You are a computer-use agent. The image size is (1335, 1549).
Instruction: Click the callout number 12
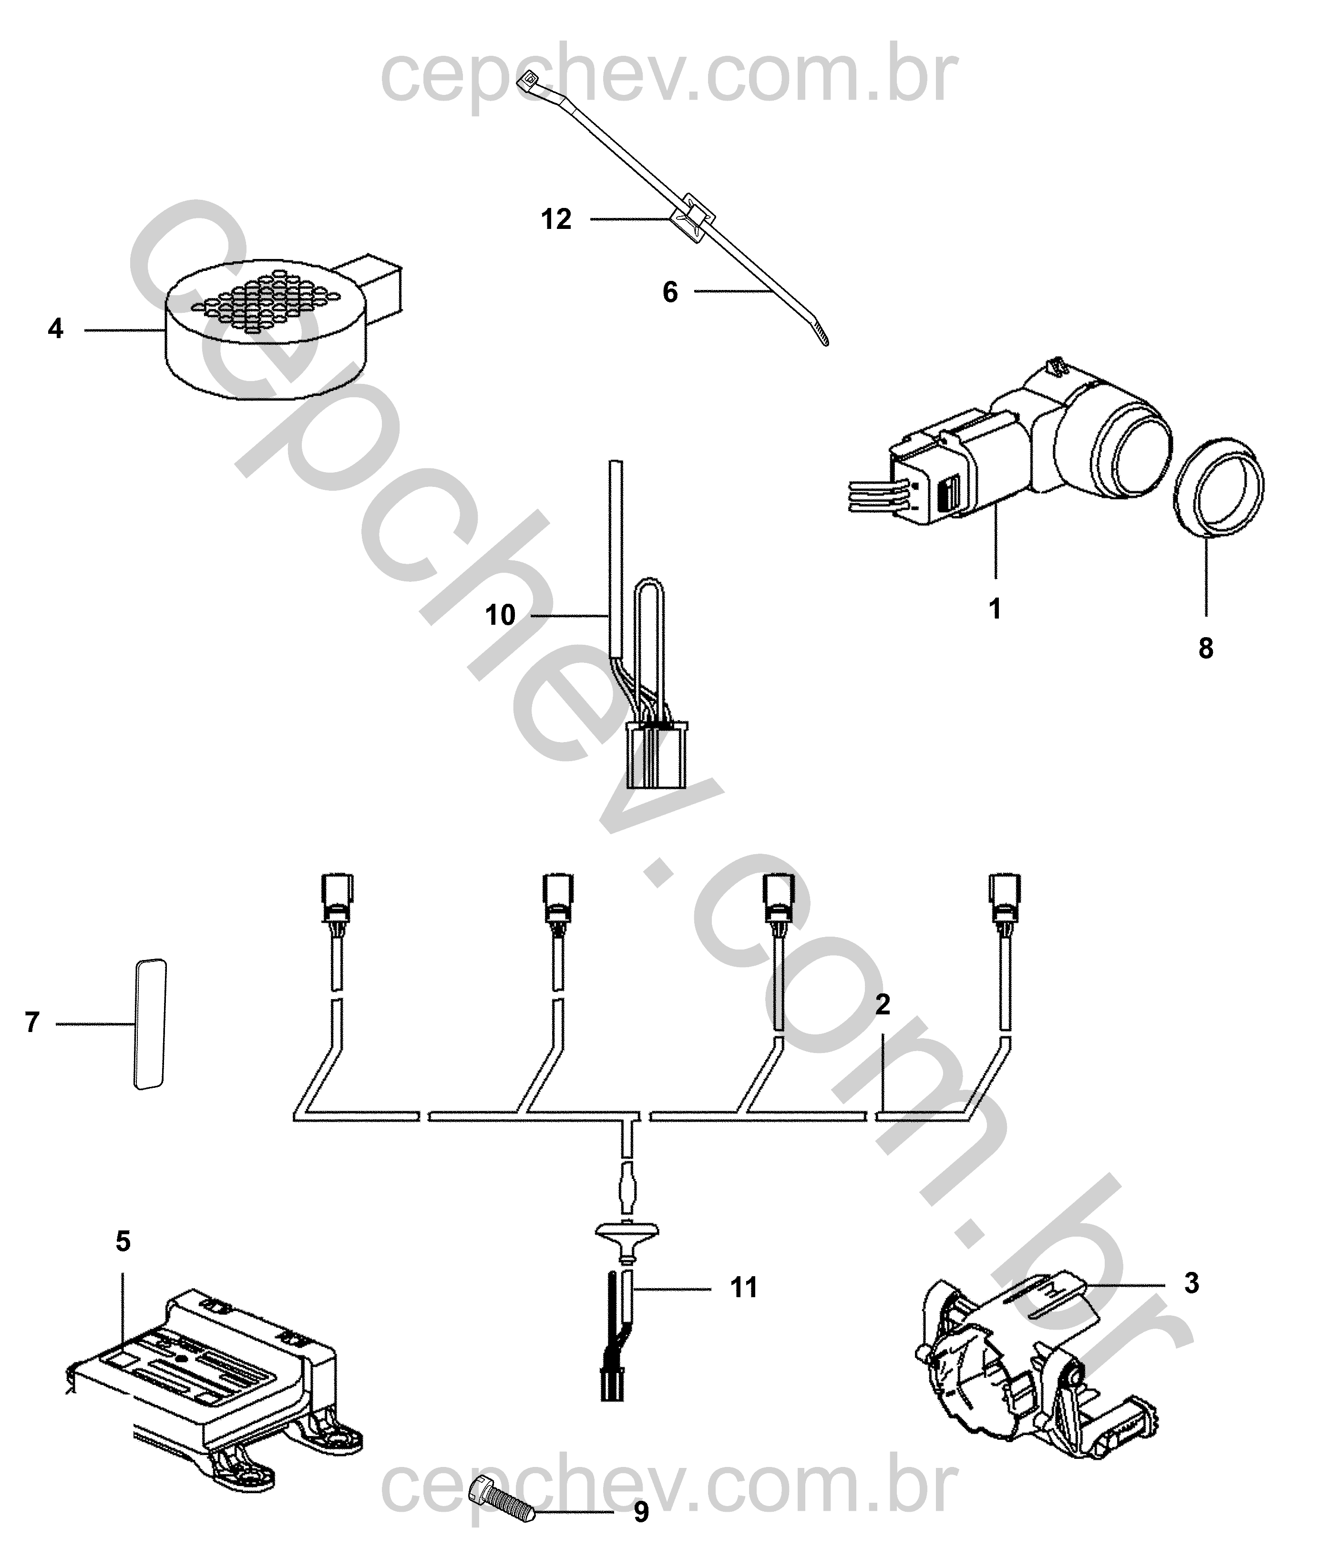pos(556,219)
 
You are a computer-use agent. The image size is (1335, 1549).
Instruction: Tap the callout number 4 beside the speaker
pos(55,329)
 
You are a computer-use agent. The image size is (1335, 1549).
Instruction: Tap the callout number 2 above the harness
pos(883,1005)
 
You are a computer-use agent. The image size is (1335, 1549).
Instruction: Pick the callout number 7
pos(31,1022)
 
